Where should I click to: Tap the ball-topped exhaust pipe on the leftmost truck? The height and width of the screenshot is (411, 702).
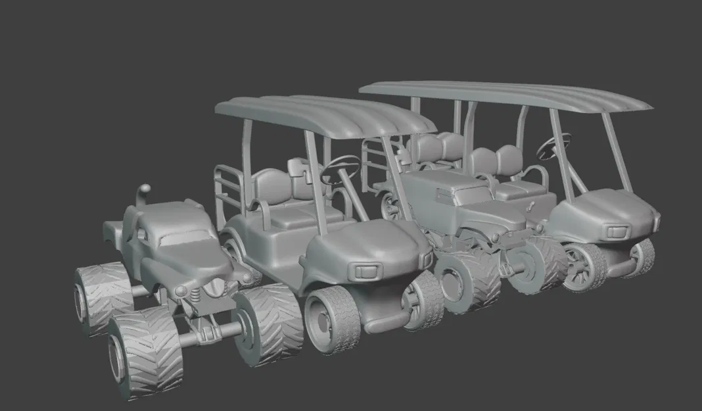coord(143,195)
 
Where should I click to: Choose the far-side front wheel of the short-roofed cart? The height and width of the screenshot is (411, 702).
coord(423,300)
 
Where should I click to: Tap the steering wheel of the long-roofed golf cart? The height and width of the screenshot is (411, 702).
coord(553,146)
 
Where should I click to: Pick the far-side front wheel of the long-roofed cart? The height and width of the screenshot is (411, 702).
coord(640,256)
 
